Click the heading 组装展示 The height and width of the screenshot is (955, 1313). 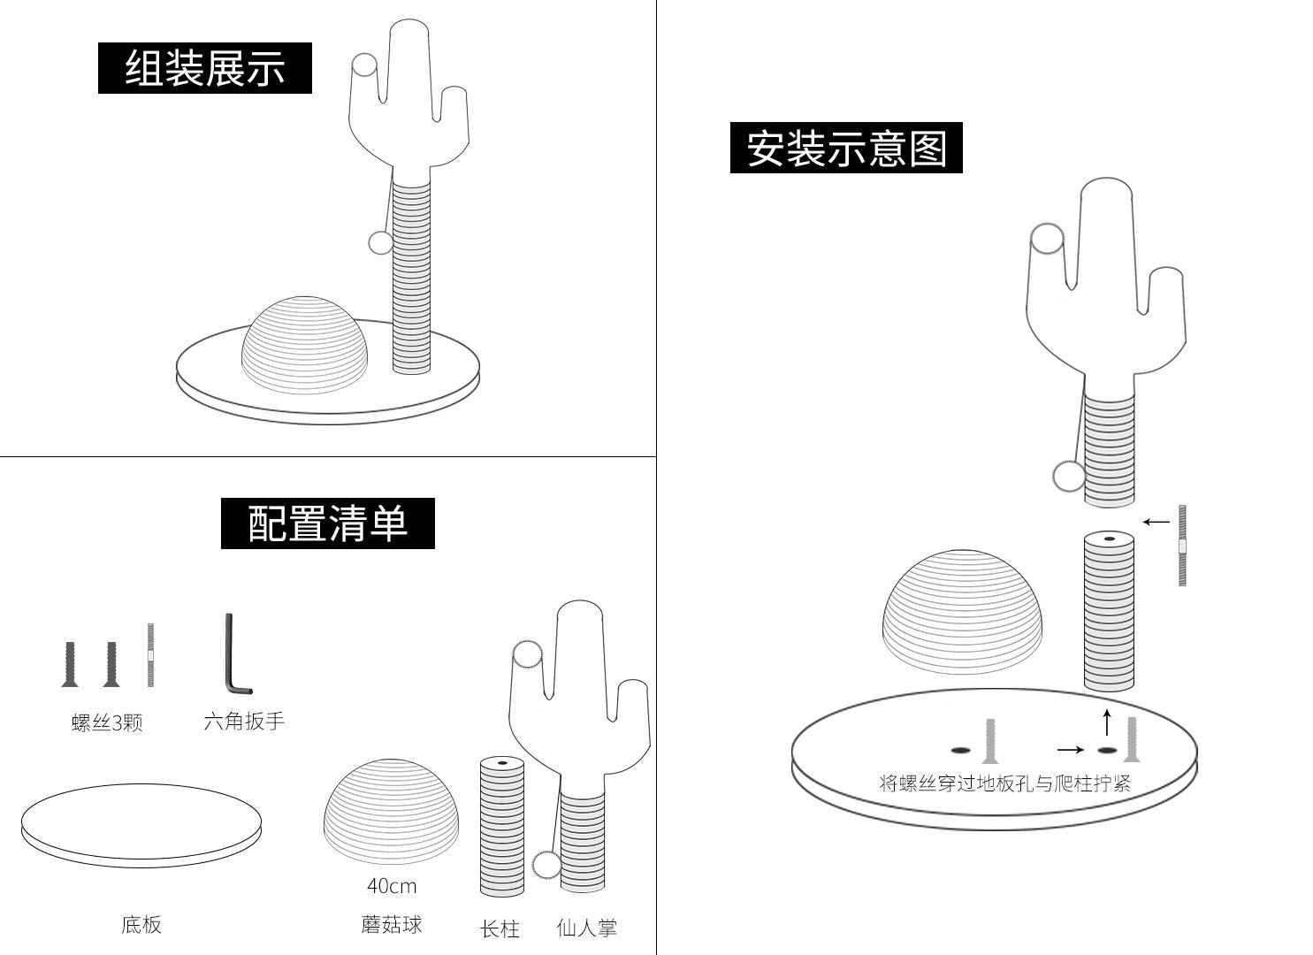(x=204, y=68)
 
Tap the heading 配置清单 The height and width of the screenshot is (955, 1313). (x=327, y=523)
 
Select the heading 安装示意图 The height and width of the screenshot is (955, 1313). (x=846, y=148)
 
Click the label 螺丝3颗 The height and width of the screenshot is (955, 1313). (x=107, y=722)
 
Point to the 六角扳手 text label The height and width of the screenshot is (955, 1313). (x=244, y=721)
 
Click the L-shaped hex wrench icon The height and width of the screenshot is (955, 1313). (x=233, y=654)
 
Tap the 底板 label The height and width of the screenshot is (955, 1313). (x=141, y=924)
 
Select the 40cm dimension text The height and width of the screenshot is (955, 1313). (x=392, y=885)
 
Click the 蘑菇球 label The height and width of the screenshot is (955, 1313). (x=392, y=924)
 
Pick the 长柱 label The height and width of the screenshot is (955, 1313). (x=500, y=928)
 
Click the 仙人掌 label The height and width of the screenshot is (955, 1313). (x=586, y=928)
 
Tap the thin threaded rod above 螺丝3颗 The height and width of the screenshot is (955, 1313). (x=150, y=654)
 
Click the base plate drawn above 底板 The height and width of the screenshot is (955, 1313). (x=141, y=825)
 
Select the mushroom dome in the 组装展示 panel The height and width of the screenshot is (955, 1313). (x=305, y=345)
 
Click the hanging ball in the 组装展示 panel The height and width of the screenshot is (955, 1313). (x=380, y=242)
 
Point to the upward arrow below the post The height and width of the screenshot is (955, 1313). (x=1107, y=722)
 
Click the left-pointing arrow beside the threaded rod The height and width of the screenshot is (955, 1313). (x=1156, y=522)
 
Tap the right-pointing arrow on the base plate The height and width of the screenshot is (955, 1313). (x=1070, y=750)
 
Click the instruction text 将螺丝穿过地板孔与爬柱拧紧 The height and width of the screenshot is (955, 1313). (x=1004, y=783)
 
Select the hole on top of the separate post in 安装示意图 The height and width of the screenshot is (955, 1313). (x=1109, y=538)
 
